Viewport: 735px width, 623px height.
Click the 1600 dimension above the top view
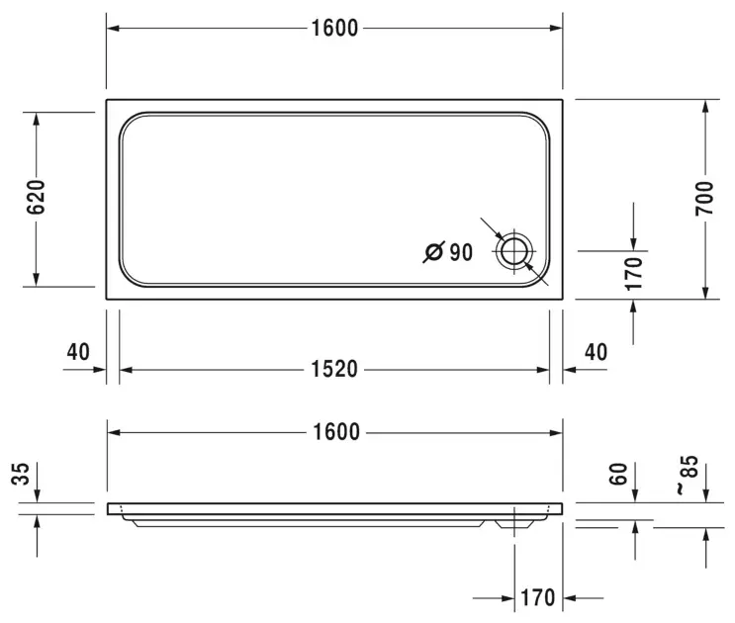(x=334, y=28)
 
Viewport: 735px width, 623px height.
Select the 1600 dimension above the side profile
(x=336, y=432)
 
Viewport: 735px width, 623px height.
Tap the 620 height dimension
(x=36, y=197)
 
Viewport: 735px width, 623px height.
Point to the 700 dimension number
(x=704, y=199)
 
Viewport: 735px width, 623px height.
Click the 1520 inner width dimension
(x=334, y=369)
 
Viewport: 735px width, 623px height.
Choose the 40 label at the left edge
(x=78, y=352)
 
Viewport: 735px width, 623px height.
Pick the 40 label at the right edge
(x=596, y=352)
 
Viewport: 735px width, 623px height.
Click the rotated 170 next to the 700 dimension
(x=634, y=274)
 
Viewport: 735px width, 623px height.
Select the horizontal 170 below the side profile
(x=538, y=597)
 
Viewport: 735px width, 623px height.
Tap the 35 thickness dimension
(x=21, y=474)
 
